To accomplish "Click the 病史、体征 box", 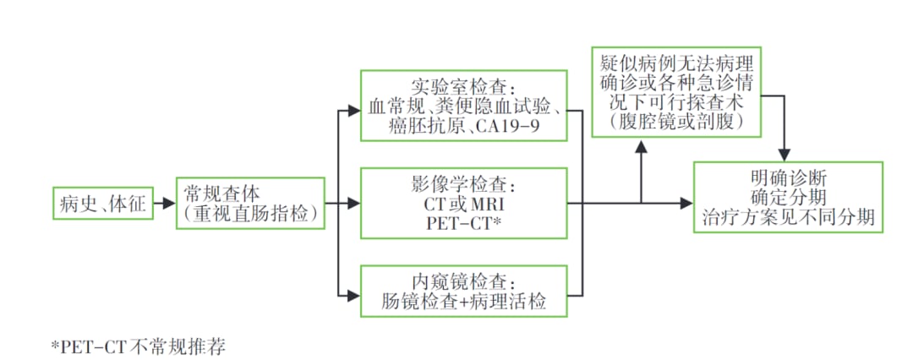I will (x=103, y=203).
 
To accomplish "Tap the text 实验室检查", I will (x=463, y=88).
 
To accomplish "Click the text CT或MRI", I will (x=462, y=204).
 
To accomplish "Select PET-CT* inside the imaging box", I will (x=462, y=222).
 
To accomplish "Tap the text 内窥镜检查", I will (x=462, y=280).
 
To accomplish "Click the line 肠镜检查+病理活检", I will (x=462, y=300).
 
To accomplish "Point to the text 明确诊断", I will (x=788, y=179).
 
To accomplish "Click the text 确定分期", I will (x=788, y=199).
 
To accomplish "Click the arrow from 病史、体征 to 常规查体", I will (x=165, y=204).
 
